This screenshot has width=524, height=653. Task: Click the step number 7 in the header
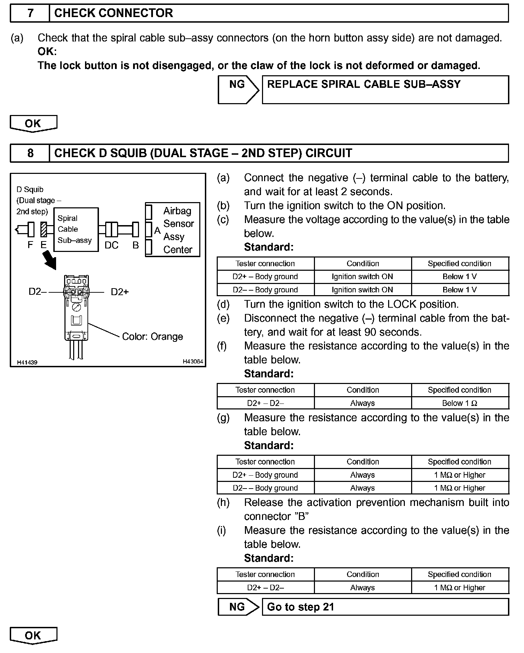[x=30, y=13]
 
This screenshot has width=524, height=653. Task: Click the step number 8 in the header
[x=30, y=153]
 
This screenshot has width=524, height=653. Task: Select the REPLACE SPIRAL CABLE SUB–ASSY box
[x=385, y=90]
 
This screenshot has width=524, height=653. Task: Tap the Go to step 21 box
[x=385, y=607]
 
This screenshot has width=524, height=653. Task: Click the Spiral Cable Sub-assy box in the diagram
[x=76, y=229]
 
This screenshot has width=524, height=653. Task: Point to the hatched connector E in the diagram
[x=44, y=230]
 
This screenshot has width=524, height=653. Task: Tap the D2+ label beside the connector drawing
[x=120, y=292]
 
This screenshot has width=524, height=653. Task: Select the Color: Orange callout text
[x=152, y=337]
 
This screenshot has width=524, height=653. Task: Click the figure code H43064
[x=193, y=362]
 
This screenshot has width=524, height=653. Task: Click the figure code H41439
[x=27, y=362]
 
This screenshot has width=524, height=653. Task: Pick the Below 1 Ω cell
[x=460, y=403]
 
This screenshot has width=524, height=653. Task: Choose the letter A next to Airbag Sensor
[x=157, y=230]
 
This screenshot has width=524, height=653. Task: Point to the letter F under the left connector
[x=30, y=245]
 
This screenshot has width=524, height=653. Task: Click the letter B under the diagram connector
[x=136, y=245]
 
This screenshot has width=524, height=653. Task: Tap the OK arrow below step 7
[x=33, y=124]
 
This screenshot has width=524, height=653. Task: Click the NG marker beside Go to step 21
[x=237, y=607]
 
